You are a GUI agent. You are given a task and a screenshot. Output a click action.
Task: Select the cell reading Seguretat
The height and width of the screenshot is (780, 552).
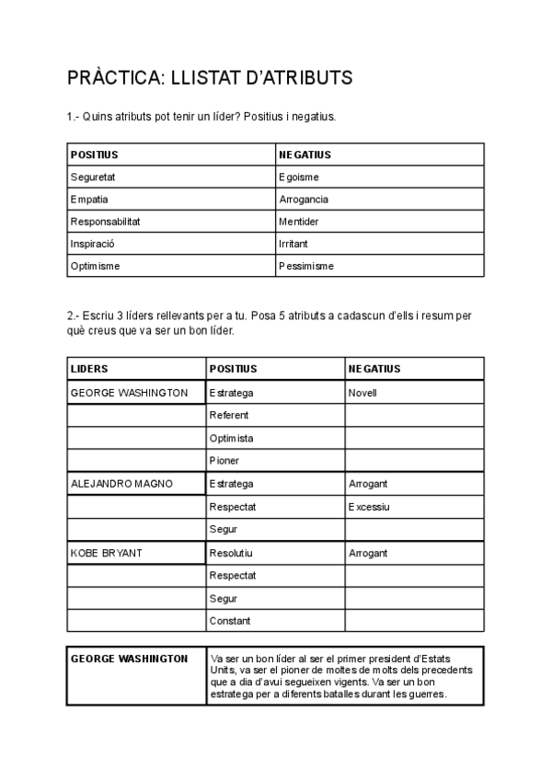click(93, 178)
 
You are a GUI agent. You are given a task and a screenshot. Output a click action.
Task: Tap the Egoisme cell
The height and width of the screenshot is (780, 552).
click(299, 178)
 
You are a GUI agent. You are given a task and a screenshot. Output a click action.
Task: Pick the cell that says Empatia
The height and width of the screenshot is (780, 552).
click(89, 200)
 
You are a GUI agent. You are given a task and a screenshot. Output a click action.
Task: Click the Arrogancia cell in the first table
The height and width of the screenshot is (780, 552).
click(304, 200)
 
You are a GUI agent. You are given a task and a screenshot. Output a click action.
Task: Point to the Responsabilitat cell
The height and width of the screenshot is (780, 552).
click(106, 222)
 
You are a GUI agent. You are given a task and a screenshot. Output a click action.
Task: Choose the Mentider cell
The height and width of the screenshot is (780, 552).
click(298, 222)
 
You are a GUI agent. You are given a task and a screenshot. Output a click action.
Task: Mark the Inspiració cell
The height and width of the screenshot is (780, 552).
click(92, 244)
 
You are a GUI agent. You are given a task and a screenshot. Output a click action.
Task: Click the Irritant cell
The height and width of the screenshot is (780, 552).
click(293, 244)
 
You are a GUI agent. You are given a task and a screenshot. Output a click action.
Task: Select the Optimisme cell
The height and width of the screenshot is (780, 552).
click(96, 266)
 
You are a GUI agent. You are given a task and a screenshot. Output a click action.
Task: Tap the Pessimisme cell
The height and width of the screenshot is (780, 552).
click(306, 266)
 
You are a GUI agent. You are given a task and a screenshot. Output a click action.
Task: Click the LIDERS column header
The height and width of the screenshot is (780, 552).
click(89, 369)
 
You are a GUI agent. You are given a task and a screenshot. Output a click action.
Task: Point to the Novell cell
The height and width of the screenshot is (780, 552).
click(363, 393)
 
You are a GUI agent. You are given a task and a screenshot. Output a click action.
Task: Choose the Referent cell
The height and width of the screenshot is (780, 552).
click(229, 416)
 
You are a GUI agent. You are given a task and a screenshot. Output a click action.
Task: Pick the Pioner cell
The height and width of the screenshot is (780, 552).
click(224, 461)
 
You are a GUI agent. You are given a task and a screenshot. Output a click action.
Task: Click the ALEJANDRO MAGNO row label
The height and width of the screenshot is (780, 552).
click(121, 484)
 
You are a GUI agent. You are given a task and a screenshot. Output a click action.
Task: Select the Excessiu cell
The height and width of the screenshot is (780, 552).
click(369, 507)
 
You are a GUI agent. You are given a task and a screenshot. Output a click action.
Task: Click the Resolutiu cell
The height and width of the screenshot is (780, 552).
click(232, 554)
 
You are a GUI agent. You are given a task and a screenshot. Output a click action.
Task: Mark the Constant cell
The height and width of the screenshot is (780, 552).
click(230, 622)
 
